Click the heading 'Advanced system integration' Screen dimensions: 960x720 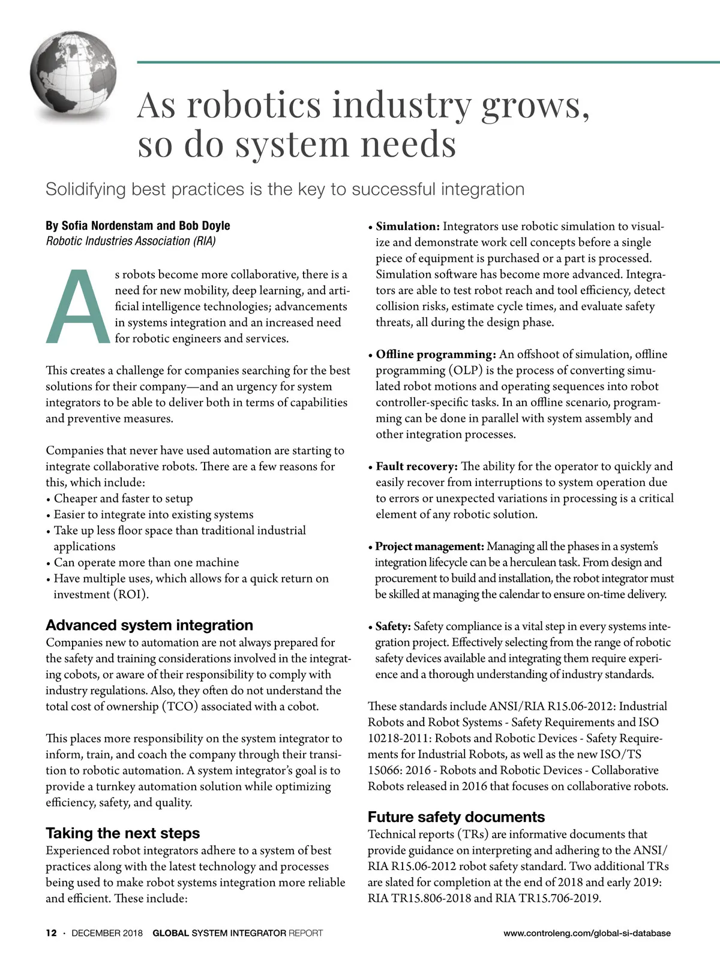pyautogui.click(x=149, y=625)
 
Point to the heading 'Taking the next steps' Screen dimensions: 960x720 pyautogui.click(x=122, y=833)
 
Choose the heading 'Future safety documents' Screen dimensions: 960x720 pyautogui.click(x=456, y=817)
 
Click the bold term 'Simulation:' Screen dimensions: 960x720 pyautogui.click(x=408, y=226)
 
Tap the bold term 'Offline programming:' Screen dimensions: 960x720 pyautogui.click(x=436, y=354)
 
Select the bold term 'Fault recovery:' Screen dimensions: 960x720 pyautogui.click(x=416, y=466)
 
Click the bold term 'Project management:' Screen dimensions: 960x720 pyautogui.click(x=430, y=546)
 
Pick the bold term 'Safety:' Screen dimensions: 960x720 pyautogui.click(x=393, y=626)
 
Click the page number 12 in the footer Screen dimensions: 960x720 pyautogui.click(x=52, y=933)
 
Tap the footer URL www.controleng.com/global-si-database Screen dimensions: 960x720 pyautogui.click(x=587, y=933)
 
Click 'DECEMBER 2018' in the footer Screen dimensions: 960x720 pyautogui.click(x=107, y=933)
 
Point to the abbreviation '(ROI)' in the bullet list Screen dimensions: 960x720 pyautogui.click(x=131, y=595)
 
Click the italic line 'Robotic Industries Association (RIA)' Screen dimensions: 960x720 pyautogui.click(x=131, y=241)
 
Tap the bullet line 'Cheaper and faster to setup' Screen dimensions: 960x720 pyautogui.click(x=123, y=498)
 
